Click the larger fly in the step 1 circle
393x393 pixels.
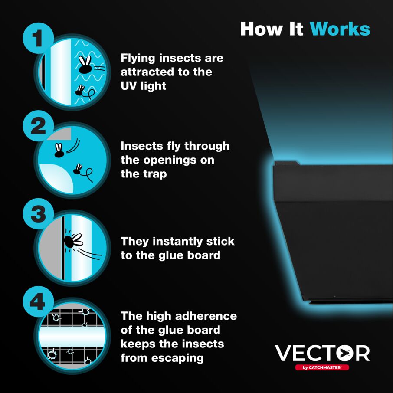tap(85, 65)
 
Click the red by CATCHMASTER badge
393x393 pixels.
tap(322, 367)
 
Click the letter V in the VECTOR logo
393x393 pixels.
tap(284, 354)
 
